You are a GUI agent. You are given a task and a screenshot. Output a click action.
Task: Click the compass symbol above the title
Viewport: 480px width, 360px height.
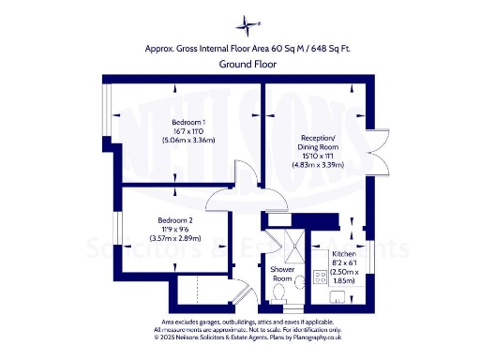tap(247, 22)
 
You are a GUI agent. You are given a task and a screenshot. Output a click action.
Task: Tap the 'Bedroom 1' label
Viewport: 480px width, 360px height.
tap(188, 123)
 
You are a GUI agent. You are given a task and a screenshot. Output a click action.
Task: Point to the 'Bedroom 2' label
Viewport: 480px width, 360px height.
tap(174, 220)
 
